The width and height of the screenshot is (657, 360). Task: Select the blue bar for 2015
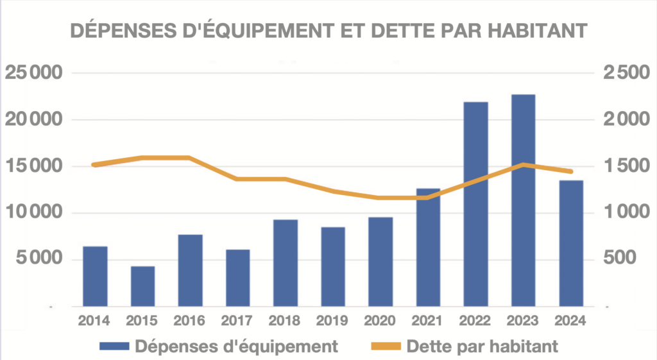point(142,286)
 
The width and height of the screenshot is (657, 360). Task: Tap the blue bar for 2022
point(475,204)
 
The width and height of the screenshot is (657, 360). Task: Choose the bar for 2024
point(570,243)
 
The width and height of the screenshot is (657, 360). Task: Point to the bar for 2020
point(380,262)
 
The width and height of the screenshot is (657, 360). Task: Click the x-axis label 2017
point(237,320)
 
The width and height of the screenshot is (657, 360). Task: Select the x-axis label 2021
point(428,320)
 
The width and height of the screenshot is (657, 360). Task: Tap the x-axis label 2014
point(95,320)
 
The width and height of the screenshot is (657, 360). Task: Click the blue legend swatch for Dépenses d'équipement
point(114,347)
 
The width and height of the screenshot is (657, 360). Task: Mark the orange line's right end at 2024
point(570,171)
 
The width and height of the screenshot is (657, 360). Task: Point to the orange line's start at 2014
point(95,165)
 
